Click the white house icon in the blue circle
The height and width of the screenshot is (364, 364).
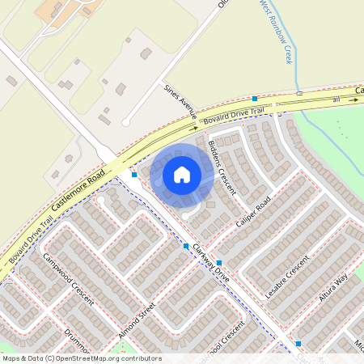pos(182,174)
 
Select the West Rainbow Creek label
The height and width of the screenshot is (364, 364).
pos(276,32)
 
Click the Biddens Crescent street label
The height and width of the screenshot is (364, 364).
pos(222,167)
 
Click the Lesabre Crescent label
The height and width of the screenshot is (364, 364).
pos(287,277)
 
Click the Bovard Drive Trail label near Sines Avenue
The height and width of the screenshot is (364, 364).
pos(234,114)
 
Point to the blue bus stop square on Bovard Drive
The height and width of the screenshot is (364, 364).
pos(254,98)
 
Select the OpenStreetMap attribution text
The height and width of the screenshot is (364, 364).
pos(81,358)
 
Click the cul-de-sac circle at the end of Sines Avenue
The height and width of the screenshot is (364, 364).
pos(125,122)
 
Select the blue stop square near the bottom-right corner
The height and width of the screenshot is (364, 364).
pos(298,343)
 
